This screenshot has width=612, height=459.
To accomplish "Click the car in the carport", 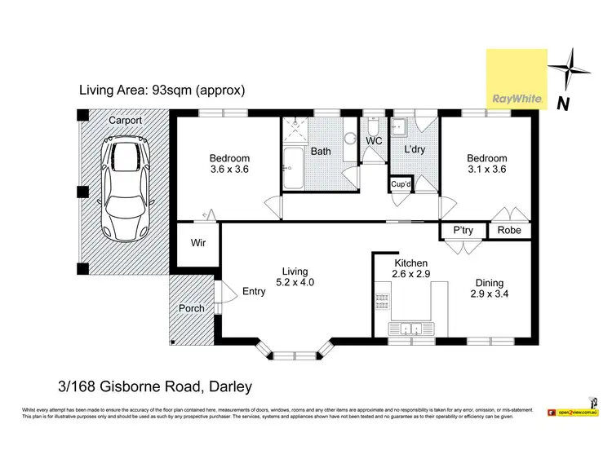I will [x=123, y=191].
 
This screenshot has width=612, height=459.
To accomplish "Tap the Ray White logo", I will [x=517, y=78].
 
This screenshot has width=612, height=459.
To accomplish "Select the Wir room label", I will [x=197, y=243].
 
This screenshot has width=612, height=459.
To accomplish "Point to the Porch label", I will [x=192, y=308].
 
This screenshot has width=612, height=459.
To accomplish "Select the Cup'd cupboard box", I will [x=401, y=184].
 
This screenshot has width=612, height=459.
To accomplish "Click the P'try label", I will [x=463, y=231].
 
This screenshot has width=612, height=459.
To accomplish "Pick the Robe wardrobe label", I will [x=509, y=231].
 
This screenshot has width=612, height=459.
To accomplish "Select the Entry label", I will [x=254, y=291].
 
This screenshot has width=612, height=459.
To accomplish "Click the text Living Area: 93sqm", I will [x=162, y=90].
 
